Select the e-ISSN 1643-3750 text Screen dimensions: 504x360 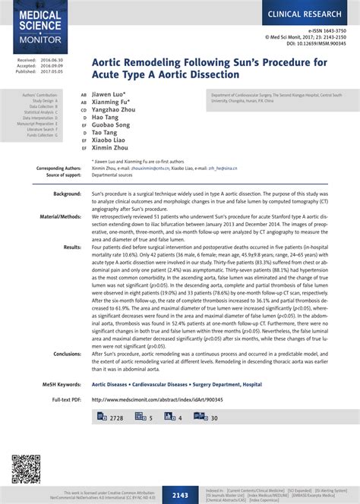click(x=320, y=30)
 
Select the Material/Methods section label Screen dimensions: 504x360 click(x=61, y=216)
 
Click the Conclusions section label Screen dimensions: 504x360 click(x=66, y=354)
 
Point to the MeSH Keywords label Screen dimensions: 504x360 click(x=60, y=384)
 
